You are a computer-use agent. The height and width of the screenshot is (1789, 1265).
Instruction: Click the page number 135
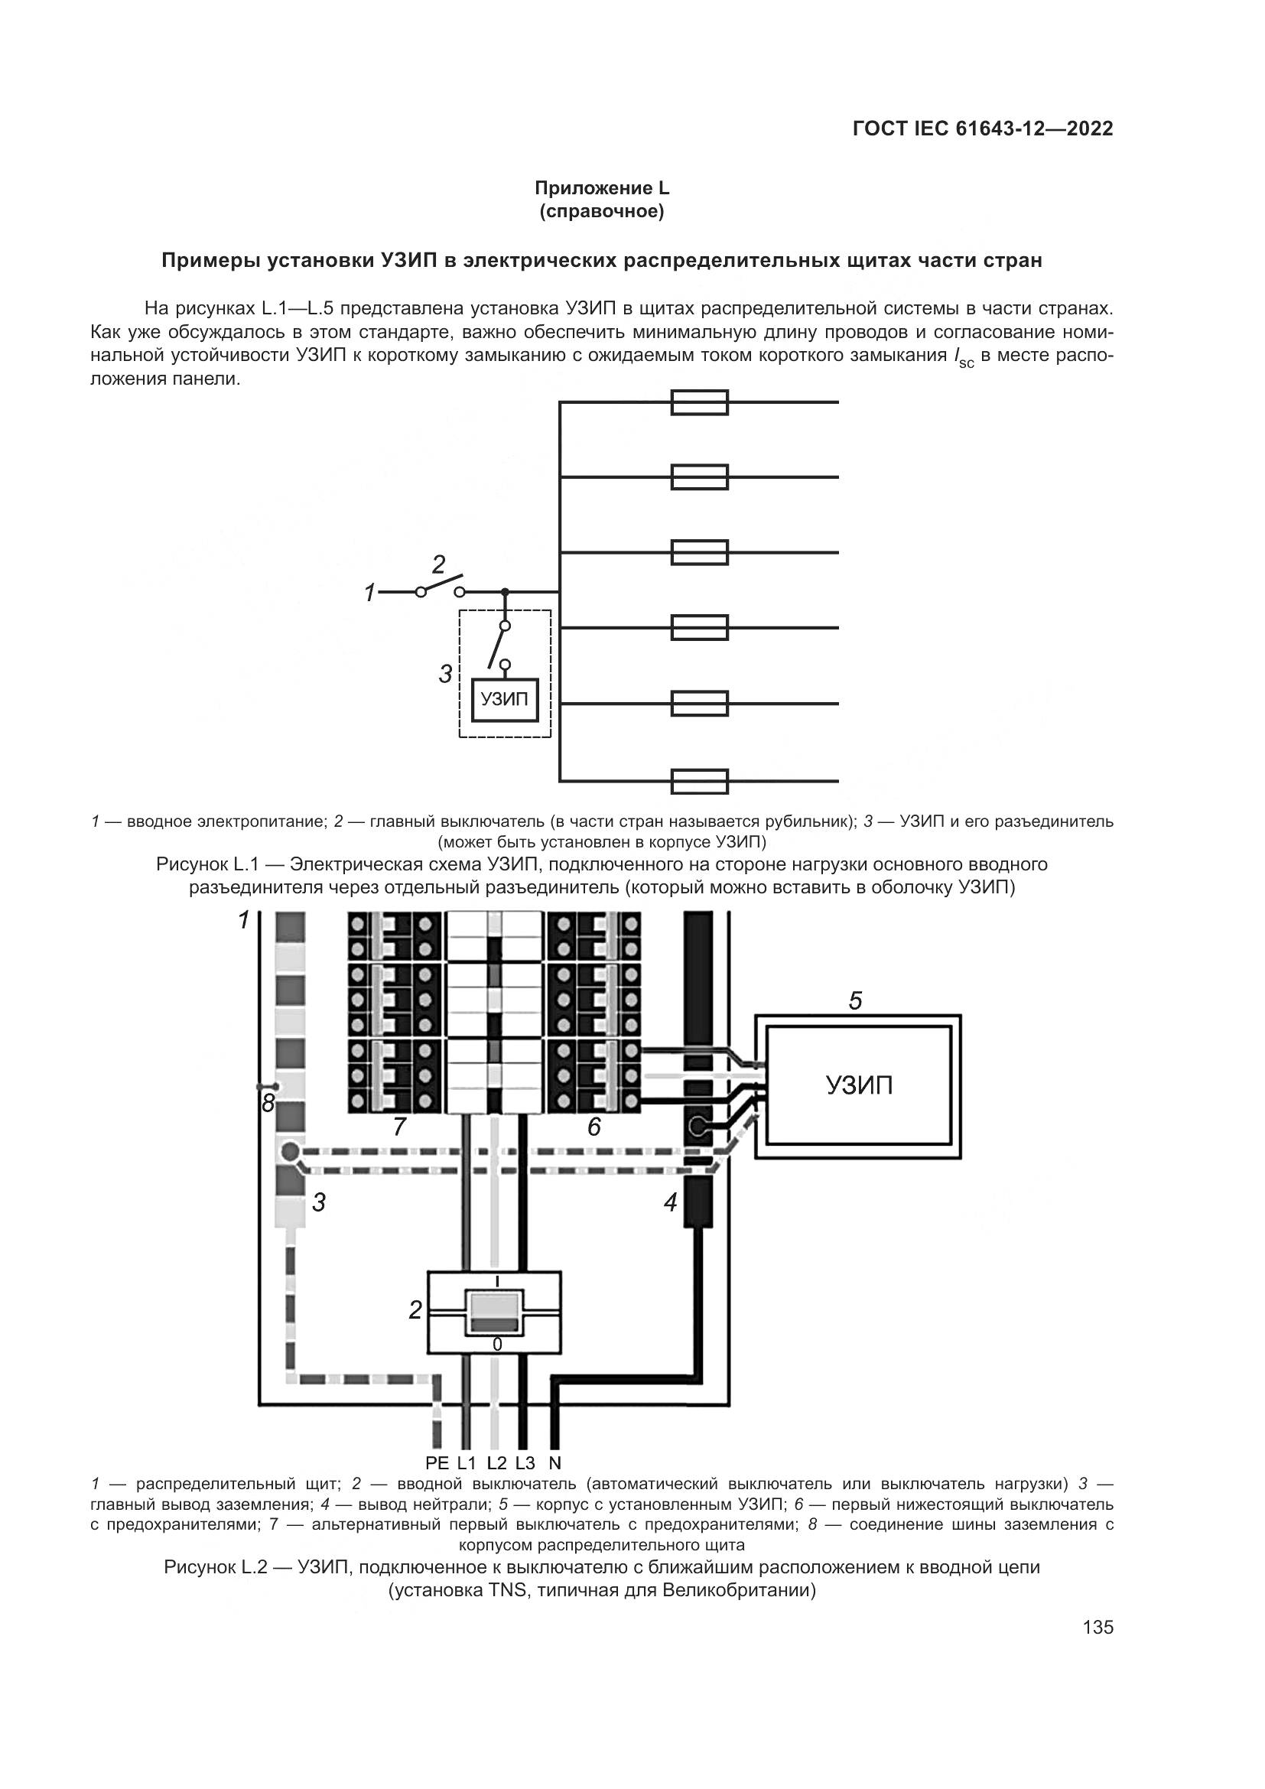coord(1098,1627)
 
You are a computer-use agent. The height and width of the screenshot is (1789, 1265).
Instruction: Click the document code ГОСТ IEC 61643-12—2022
coord(983,129)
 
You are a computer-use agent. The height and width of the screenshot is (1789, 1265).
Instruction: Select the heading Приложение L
coord(601,189)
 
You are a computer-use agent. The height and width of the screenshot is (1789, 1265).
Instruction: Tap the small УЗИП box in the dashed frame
coord(505,699)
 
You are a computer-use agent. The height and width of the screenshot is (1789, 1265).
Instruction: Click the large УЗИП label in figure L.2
coord(859,1085)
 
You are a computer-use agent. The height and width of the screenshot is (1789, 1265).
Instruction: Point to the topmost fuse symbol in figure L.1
coord(700,403)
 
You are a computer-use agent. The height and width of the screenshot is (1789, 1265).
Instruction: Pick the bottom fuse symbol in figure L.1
coord(700,781)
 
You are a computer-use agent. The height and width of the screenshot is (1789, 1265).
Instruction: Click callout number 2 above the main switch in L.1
coord(438,564)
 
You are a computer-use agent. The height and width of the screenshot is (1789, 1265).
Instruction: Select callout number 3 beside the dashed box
coord(446,674)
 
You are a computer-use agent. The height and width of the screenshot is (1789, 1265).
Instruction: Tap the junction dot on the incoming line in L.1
coord(505,592)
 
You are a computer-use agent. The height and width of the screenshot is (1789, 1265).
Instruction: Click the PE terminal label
coord(437,1462)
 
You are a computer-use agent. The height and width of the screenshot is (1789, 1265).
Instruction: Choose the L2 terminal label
coord(497,1462)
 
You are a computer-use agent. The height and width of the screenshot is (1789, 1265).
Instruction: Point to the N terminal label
coord(554,1462)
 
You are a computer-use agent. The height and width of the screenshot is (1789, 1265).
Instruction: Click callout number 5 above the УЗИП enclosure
coord(855,1001)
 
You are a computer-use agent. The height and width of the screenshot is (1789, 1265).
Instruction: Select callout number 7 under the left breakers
coord(398,1127)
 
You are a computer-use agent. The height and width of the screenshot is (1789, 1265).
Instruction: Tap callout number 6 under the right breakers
coord(593,1127)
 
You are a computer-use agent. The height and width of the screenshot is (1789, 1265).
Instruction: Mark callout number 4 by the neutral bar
coord(671,1203)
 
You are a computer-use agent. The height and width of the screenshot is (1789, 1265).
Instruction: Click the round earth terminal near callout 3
coord(289,1152)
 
